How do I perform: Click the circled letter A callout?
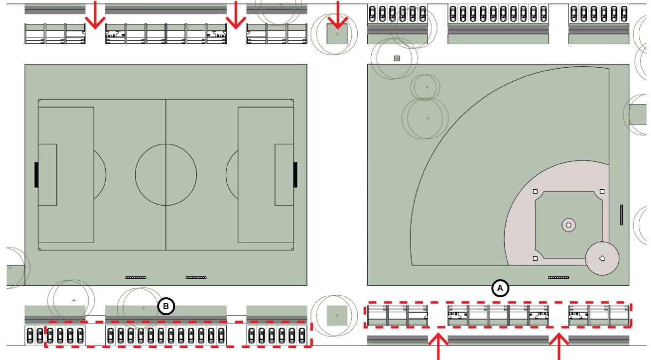tap(500, 288)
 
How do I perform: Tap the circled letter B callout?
tap(166, 307)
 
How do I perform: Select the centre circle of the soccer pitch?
tap(166, 175)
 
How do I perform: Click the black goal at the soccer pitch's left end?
tap(36, 175)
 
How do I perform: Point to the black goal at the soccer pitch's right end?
tap(295, 175)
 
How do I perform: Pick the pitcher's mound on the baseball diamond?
tap(569, 225)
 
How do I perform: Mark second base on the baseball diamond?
tap(535, 192)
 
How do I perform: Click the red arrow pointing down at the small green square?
tap(338, 15)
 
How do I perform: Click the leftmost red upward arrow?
tap(440, 348)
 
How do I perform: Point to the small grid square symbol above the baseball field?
tap(397, 58)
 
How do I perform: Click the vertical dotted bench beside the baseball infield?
tap(621, 215)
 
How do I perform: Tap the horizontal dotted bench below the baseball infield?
tap(559, 278)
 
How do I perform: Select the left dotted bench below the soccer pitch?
tap(135, 278)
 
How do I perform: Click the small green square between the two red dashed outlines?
tap(337, 316)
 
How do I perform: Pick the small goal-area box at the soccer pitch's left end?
tap(48, 175)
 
